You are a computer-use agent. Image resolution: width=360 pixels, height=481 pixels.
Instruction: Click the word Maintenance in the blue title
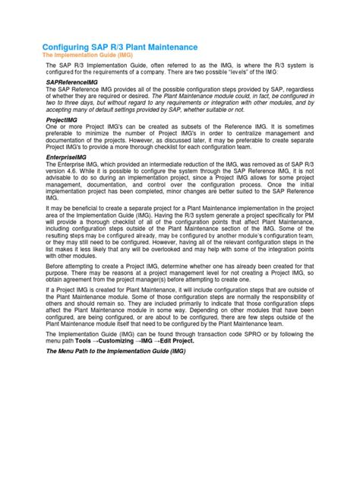(169, 47)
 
